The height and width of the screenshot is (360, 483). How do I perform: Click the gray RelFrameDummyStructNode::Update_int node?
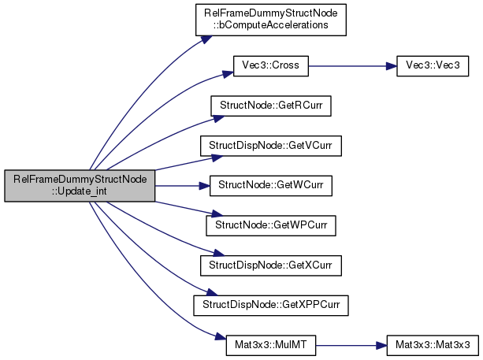pos(80,186)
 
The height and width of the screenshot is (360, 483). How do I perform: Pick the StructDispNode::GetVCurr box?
pos(270,147)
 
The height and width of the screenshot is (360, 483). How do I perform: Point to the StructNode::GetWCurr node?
pos(270,186)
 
